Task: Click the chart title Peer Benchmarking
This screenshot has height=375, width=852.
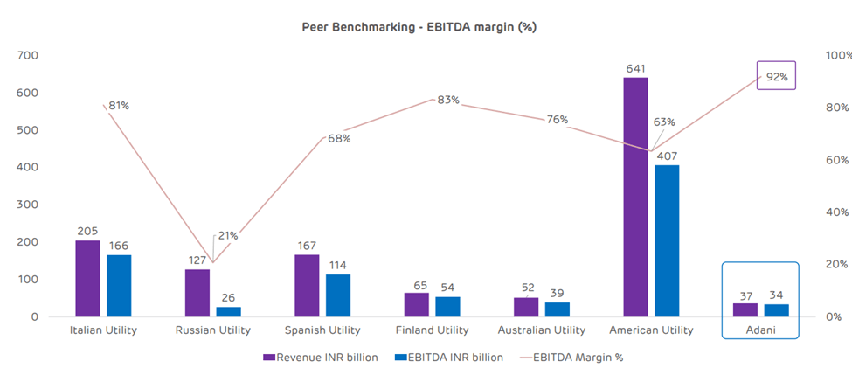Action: (x=419, y=27)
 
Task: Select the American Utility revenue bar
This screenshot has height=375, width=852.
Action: (x=635, y=197)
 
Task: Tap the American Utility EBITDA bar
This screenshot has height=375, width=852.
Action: (x=667, y=240)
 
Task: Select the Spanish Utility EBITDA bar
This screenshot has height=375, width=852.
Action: (x=338, y=295)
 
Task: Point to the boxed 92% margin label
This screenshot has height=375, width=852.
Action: (x=777, y=77)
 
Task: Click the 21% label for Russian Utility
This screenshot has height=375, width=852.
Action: (x=227, y=236)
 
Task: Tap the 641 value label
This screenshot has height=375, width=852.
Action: (x=635, y=66)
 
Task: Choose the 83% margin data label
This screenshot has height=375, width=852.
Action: (x=447, y=100)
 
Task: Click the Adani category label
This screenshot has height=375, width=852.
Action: (x=759, y=330)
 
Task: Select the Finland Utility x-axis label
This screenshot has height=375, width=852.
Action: (x=432, y=330)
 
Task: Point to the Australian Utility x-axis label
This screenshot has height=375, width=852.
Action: (x=541, y=330)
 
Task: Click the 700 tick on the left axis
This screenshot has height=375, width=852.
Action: (x=29, y=55)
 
